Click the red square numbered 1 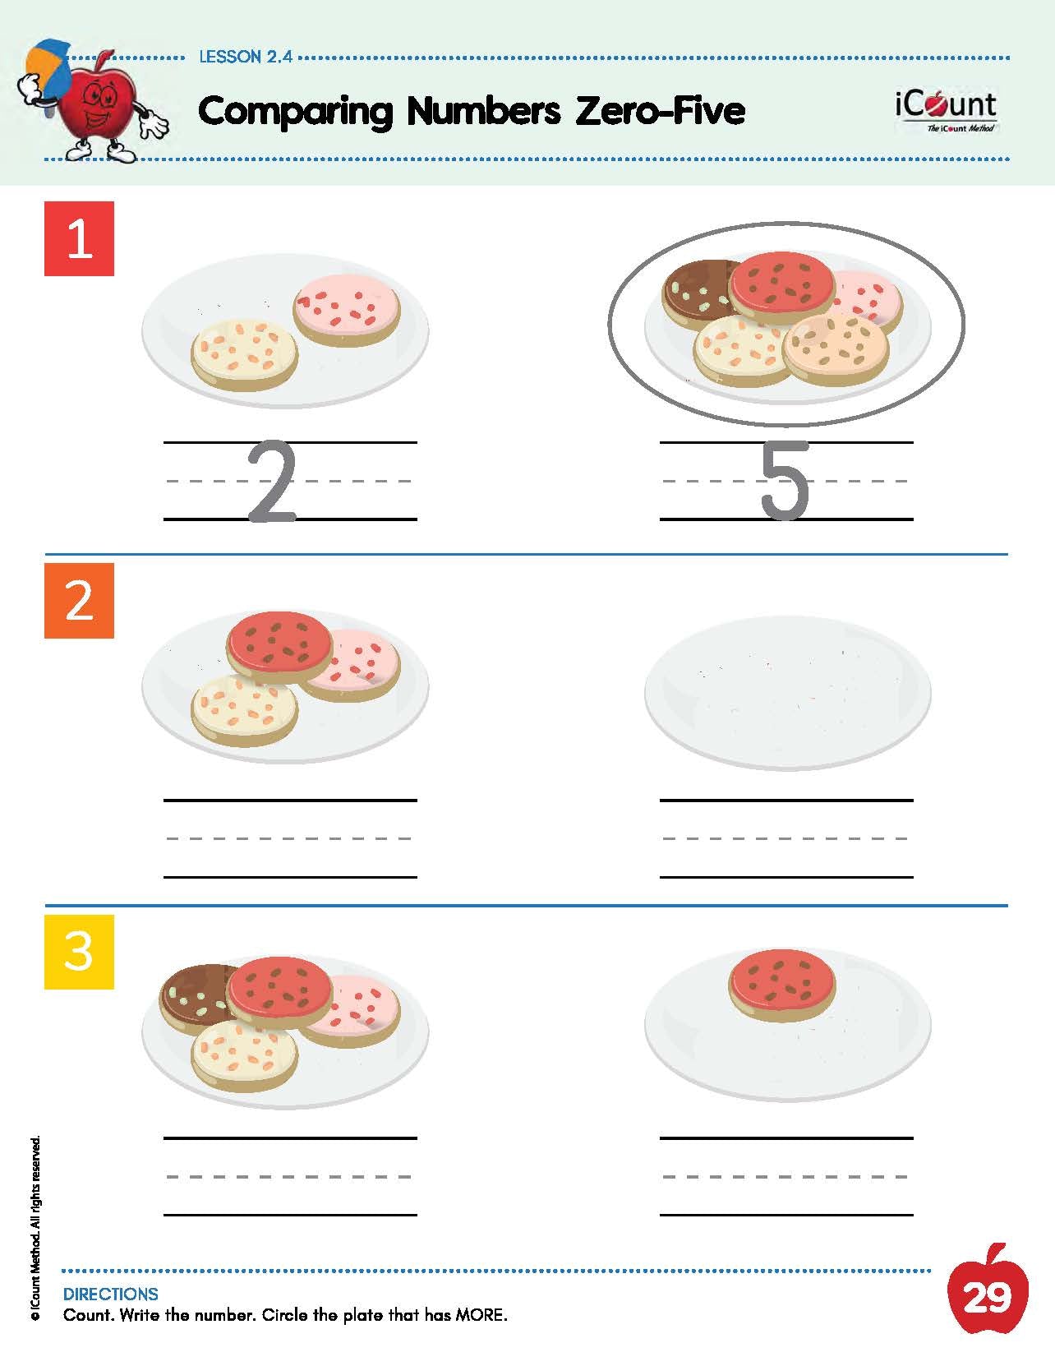pyautogui.click(x=79, y=238)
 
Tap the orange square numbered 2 pyautogui.click(x=79, y=600)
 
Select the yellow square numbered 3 pyautogui.click(x=79, y=952)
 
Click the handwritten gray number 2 pyautogui.click(x=271, y=482)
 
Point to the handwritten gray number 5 pyautogui.click(x=784, y=481)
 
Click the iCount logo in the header pyautogui.click(x=946, y=111)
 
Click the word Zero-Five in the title pyautogui.click(x=661, y=111)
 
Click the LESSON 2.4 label pyautogui.click(x=246, y=57)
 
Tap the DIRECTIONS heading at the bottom pyautogui.click(x=111, y=1294)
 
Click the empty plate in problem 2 pyautogui.click(x=788, y=693)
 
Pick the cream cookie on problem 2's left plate pyautogui.click(x=244, y=710)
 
